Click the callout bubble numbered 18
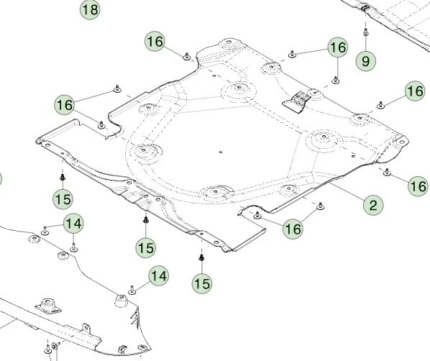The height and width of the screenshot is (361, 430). coord(90,9)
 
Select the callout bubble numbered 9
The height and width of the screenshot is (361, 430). coord(366,61)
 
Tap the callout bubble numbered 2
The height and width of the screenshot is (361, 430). coord(373,205)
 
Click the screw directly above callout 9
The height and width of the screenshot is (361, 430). coord(365,32)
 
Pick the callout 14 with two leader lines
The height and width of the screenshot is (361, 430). coord(73,224)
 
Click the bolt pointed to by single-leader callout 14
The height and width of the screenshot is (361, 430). coord(132,291)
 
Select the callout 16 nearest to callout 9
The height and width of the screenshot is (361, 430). coord(338,47)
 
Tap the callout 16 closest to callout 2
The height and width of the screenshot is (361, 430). coord(418,186)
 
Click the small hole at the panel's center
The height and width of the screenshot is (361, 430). coord(220,152)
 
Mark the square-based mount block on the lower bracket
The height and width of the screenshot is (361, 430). coord(48,305)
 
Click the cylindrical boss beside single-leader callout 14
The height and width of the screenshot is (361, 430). coord(121,301)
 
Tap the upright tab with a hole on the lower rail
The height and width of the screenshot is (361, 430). coord(86,328)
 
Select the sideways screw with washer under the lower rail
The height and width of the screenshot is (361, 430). coord(55,346)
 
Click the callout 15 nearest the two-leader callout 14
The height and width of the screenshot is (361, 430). coord(63,199)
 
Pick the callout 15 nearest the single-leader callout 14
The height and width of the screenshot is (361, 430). coord(146,247)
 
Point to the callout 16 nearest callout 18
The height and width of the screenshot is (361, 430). coord(155,42)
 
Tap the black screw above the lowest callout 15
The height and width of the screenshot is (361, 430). coord(201,257)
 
